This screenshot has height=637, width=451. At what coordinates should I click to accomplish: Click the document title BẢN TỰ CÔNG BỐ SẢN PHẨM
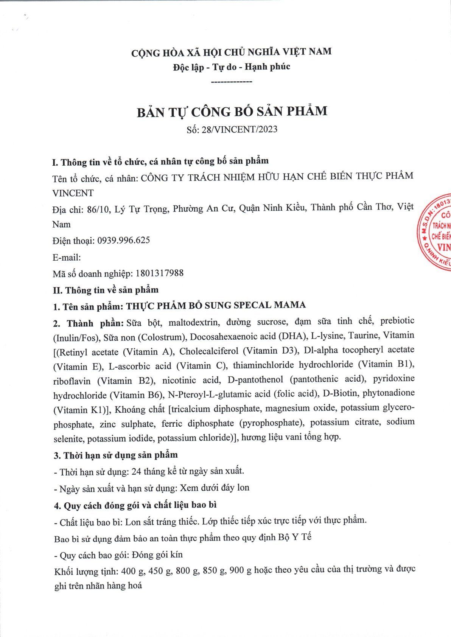pos(232,112)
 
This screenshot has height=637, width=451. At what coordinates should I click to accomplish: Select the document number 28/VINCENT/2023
pos(239,130)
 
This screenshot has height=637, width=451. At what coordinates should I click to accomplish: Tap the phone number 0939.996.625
pos(123,240)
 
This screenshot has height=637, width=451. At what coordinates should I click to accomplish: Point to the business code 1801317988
pos(159,273)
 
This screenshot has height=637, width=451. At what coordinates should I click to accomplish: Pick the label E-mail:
pos(67,258)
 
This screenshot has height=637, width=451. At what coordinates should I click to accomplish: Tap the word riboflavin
pos(72,381)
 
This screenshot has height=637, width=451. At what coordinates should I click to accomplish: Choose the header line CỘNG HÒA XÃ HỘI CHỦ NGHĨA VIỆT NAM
pos(231,52)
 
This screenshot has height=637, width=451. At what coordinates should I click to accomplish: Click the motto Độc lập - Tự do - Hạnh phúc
pos(232,67)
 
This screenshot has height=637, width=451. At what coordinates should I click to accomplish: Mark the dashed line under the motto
pos(231,82)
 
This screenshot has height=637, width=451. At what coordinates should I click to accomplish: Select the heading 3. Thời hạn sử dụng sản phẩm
pos(116,455)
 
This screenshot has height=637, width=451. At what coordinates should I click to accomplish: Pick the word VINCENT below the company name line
pos(73,193)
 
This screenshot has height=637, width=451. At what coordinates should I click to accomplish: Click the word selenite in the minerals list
pos(68,438)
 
